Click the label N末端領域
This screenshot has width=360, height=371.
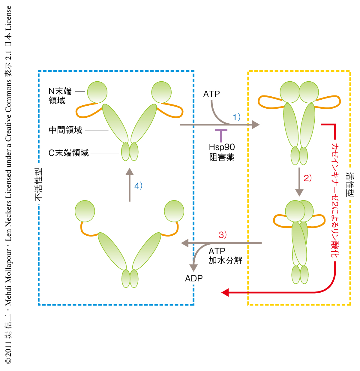tap(60, 96)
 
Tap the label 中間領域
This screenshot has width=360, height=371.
tap(65, 130)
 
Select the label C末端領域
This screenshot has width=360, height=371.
tap(69, 153)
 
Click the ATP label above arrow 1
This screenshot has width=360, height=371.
tap(211, 94)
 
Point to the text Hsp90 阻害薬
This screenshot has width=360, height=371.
tap(222, 152)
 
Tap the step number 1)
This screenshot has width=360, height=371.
tap(237, 117)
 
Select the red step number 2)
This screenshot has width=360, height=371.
tap(307, 178)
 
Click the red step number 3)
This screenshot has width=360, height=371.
tap(223, 235)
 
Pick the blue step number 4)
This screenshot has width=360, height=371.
tap(138, 186)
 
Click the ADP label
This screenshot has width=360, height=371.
tap(194, 279)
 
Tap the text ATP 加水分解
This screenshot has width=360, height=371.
tap(225, 256)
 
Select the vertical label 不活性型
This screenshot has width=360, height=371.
tap(39, 184)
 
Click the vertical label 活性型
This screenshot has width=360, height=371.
tap(350, 184)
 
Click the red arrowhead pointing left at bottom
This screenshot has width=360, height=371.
tap(225, 292)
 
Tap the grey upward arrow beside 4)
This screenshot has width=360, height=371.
tap(130, 184)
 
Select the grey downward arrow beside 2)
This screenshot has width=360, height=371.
tap(299, 182)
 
